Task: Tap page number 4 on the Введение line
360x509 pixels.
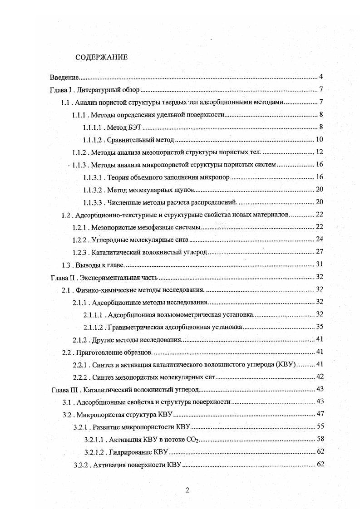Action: [x=321, y=76]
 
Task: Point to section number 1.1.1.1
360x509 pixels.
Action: [x=94, y=127]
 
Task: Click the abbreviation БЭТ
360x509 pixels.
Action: [x=134, y=127]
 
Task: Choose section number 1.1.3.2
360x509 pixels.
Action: [x=94, y=190]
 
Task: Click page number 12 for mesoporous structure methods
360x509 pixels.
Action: [x=319, y=152]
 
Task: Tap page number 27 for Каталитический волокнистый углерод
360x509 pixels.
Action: [x=319, y=252]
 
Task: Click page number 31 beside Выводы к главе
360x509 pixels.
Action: [x=319, y=264]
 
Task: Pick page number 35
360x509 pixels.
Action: [x=319, y=327]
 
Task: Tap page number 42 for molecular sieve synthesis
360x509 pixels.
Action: [x=319, y=377]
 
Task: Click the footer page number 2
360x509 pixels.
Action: [x=187, y=489]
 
